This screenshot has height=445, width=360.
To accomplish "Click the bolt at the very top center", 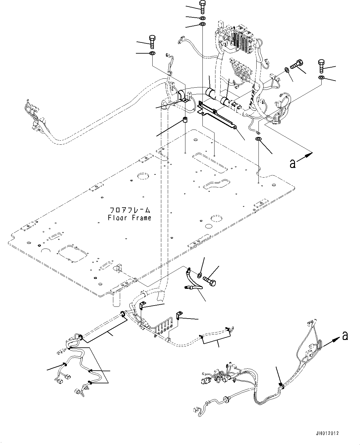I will tap(202, 7).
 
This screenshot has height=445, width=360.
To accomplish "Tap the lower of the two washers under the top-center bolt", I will tap(202, 24).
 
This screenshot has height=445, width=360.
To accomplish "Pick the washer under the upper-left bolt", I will tap(152, 54).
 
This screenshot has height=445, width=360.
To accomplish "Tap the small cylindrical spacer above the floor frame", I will tap(185, 120).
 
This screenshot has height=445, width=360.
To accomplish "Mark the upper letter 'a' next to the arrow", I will tap(292, 164).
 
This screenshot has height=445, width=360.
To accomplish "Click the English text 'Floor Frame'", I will tap(129, 218).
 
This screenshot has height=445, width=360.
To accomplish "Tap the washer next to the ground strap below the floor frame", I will tap(200, 275).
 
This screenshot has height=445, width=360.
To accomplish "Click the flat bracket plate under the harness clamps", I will tap(217, 115).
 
